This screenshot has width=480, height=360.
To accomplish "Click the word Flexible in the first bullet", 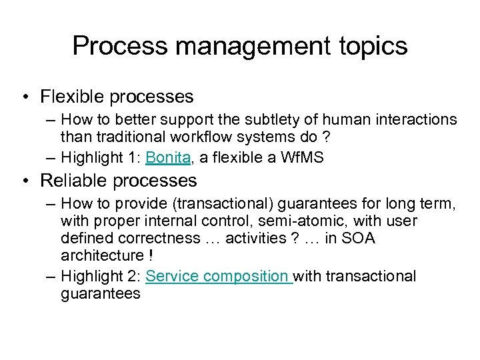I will tap(71, 97).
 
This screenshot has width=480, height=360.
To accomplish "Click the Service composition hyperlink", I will tap(219, 276).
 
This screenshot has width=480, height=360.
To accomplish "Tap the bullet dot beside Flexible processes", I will tap(25, 97).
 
